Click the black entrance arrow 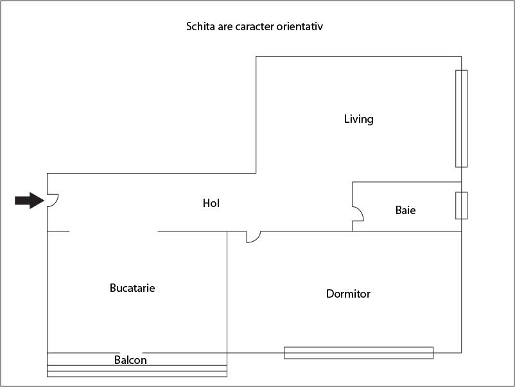pyautogui.click(x=30, y=200)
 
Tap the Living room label pyautogui.click(x=359, y=119)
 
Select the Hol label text pyautogui.click(x=211, y=203)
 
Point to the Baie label pyautogui.click(x=405, y=210)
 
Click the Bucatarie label pyautogui.click(x=132, y=288)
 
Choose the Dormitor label pyautogui.click(x=348, y=294)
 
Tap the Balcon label pyautogui.click(x=130, y=360)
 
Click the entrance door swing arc pyautogui.click(x=53, y=201)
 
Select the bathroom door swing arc pyautogui.click(x=358, y=213)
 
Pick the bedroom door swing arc pyautogui.click(x=254, y=237)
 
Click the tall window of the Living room pyautogui.click(x=462, y=119)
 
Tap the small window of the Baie pyautogui.click(x=462, y=206)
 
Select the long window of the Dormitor pyautogui.click(x=359, y=353)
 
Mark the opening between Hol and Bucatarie pyautogui.click(x=113, y=231)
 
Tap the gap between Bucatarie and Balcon pyautogui.click(x=131, y=353)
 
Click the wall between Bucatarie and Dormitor pyautogui.click(x=227, y=292)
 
